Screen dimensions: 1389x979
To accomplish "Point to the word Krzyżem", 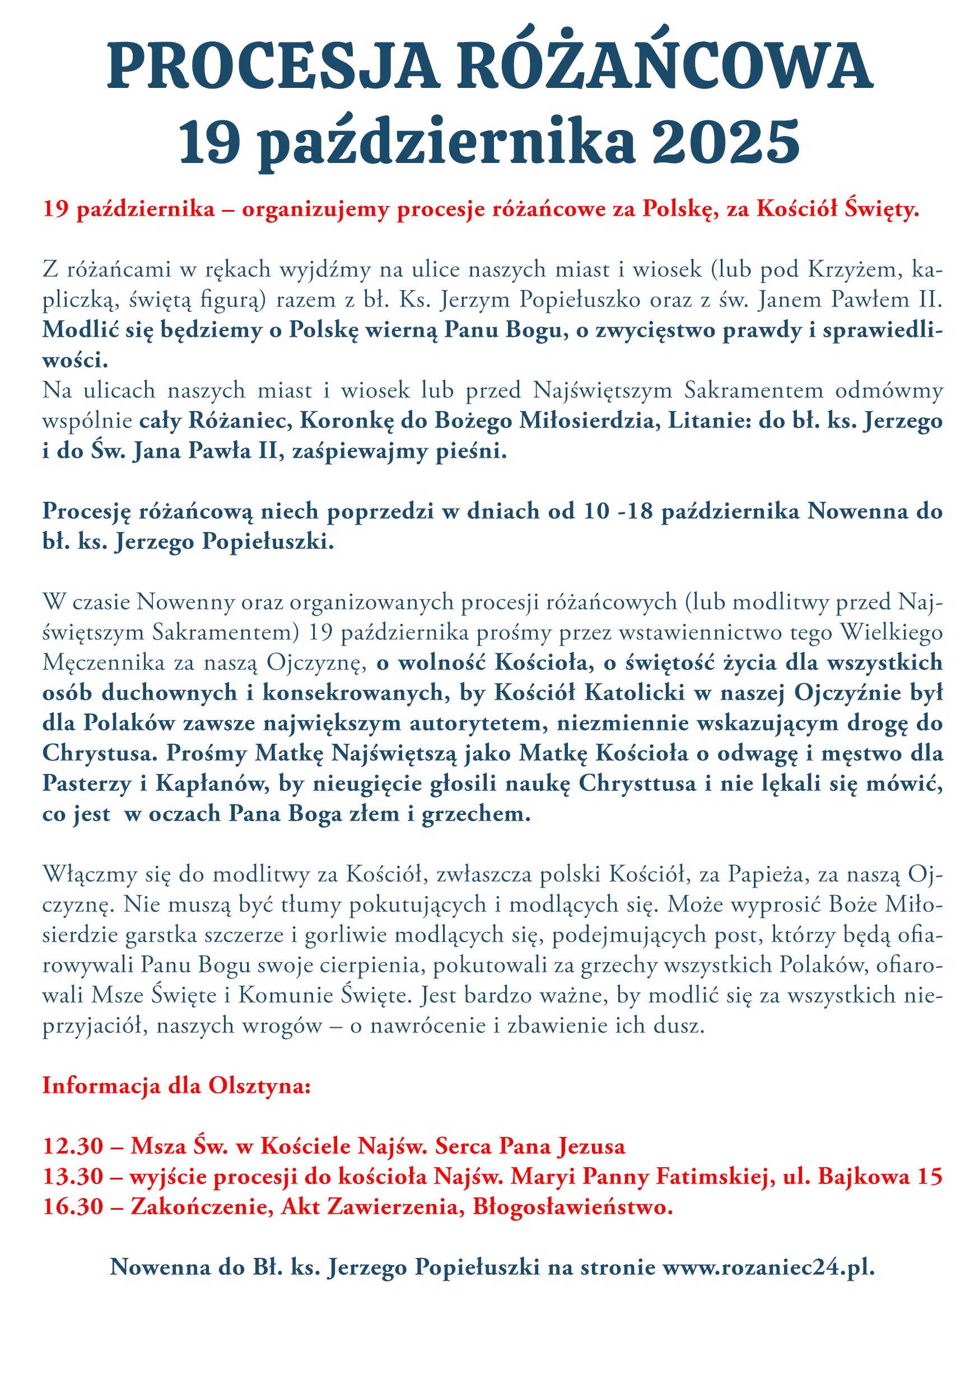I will pyautogui.click(x=855, y=270).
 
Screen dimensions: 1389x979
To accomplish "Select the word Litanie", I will pyautogui.click(x=708, y=421).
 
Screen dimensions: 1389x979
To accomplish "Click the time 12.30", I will pyautogui.click(x=73, y=1147).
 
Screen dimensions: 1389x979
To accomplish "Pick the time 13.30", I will pyautogui.click(x=73, y=1177).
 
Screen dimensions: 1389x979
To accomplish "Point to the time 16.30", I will pyautogui.click(x=73, y=1208).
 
